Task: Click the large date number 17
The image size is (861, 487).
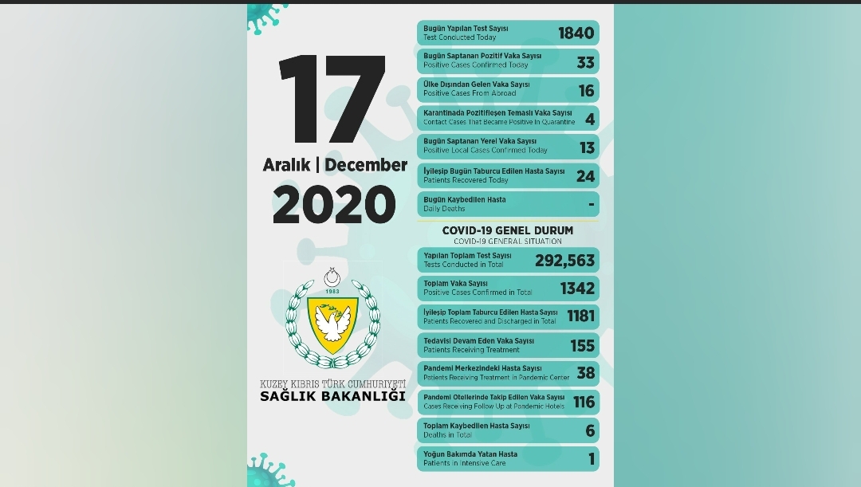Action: coord(332,101)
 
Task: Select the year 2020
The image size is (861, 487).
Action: coord(334,204)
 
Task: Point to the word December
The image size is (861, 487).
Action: coord(366,165)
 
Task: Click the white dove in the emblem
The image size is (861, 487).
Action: coord(333,322)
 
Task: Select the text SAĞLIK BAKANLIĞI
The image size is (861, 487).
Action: coord(332,396)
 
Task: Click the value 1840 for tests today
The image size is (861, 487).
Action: coord(576,33)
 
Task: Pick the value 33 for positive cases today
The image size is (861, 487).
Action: coord(586,61)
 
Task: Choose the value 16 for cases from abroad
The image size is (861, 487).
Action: coord(586,90)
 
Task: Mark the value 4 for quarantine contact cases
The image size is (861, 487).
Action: coord(590,119)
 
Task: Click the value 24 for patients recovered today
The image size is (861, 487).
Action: coord(586,176)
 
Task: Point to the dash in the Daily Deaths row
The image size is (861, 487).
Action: coord(591,204)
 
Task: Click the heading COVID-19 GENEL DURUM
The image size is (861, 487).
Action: coord(507,230)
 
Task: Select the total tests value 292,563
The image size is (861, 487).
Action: coord(564,260)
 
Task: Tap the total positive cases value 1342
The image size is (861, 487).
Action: coord(577,289)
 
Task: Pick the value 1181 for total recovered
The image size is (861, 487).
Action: coord(580,316)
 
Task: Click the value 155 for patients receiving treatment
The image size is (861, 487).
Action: coord(583,345)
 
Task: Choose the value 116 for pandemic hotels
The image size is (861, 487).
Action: coord(584,402)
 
